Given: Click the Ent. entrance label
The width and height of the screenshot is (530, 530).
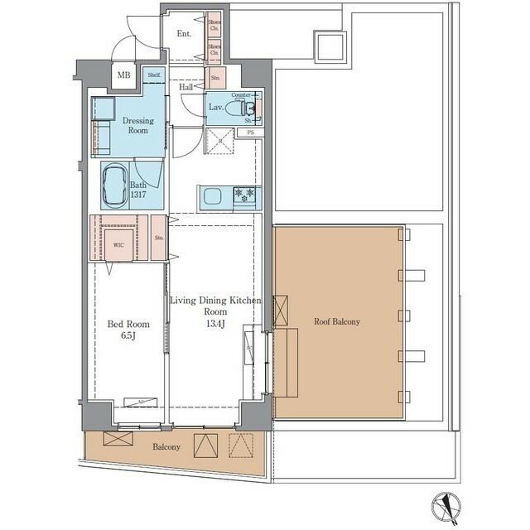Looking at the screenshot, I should point(184,34).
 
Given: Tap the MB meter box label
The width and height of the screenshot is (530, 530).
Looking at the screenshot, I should point(124,75).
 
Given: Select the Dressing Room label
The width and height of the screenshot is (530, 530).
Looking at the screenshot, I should point(138,125).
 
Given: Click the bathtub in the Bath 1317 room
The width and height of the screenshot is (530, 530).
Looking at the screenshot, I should point(117,184).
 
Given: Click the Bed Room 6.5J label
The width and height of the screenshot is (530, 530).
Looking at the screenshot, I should point(127,330).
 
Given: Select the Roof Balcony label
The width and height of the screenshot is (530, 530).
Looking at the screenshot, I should point(336,321).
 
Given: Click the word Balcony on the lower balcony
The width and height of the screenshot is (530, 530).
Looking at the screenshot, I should point(166,447).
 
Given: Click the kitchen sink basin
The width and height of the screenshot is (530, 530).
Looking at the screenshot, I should point(212,196).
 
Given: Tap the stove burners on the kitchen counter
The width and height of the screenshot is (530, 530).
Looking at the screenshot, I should point(246,196).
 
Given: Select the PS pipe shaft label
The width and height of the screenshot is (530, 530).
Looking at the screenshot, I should point(249,132).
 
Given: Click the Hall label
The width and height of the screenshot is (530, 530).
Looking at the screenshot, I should point(186,86).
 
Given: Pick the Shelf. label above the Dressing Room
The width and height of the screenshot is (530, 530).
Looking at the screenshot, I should point(154,75).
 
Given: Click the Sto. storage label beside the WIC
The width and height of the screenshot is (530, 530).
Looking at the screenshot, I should point(159,238).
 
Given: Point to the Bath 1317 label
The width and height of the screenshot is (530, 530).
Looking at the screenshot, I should point(138,189).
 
